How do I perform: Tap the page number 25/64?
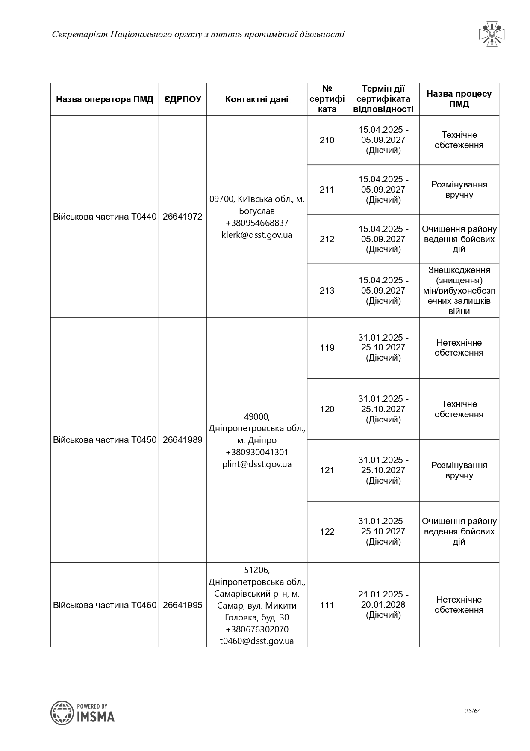tap(473, 711)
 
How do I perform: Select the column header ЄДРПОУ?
tap(183, 99)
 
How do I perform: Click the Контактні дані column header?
tap(256, 99)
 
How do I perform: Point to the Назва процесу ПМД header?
tap(459, 99)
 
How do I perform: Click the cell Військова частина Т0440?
tap(105, 217)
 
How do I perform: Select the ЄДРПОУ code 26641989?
tap(183, 440)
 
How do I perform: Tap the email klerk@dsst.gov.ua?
tap(256, 235)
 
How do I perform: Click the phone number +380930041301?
tap(256, 452)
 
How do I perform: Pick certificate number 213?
tap(327, 291)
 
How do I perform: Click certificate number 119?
tap(327, 348)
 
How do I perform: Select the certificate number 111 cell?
tap(327, 605)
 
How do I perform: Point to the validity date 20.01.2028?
tap(383, 605)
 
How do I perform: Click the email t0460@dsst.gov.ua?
tap(256, 641)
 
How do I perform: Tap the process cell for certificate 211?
tap(459, 190)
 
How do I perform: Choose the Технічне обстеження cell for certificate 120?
tap(459, 409)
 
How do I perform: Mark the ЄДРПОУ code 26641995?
tap(183, 605)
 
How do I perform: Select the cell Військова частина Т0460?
tap(105, 605)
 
